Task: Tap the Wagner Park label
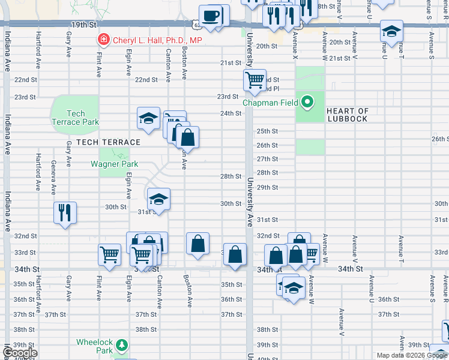tap(114, 164)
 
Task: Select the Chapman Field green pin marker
tap(307, 102)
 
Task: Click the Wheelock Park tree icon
tap(122, 345)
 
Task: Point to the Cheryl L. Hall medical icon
tap(104, 40)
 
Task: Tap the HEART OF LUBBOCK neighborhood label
tap(347, 115)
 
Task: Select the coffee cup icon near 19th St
tap(210, 16)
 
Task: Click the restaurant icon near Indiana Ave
tap(65, 212)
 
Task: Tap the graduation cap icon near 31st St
tap(158, 199)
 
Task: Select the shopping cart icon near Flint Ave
tap(110, 254)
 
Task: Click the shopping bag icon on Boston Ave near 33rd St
tap(197, 244)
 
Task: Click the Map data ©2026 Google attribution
tap(412, 355)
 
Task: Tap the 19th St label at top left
tap(83, 25)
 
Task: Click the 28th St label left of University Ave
tap(231, 176)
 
